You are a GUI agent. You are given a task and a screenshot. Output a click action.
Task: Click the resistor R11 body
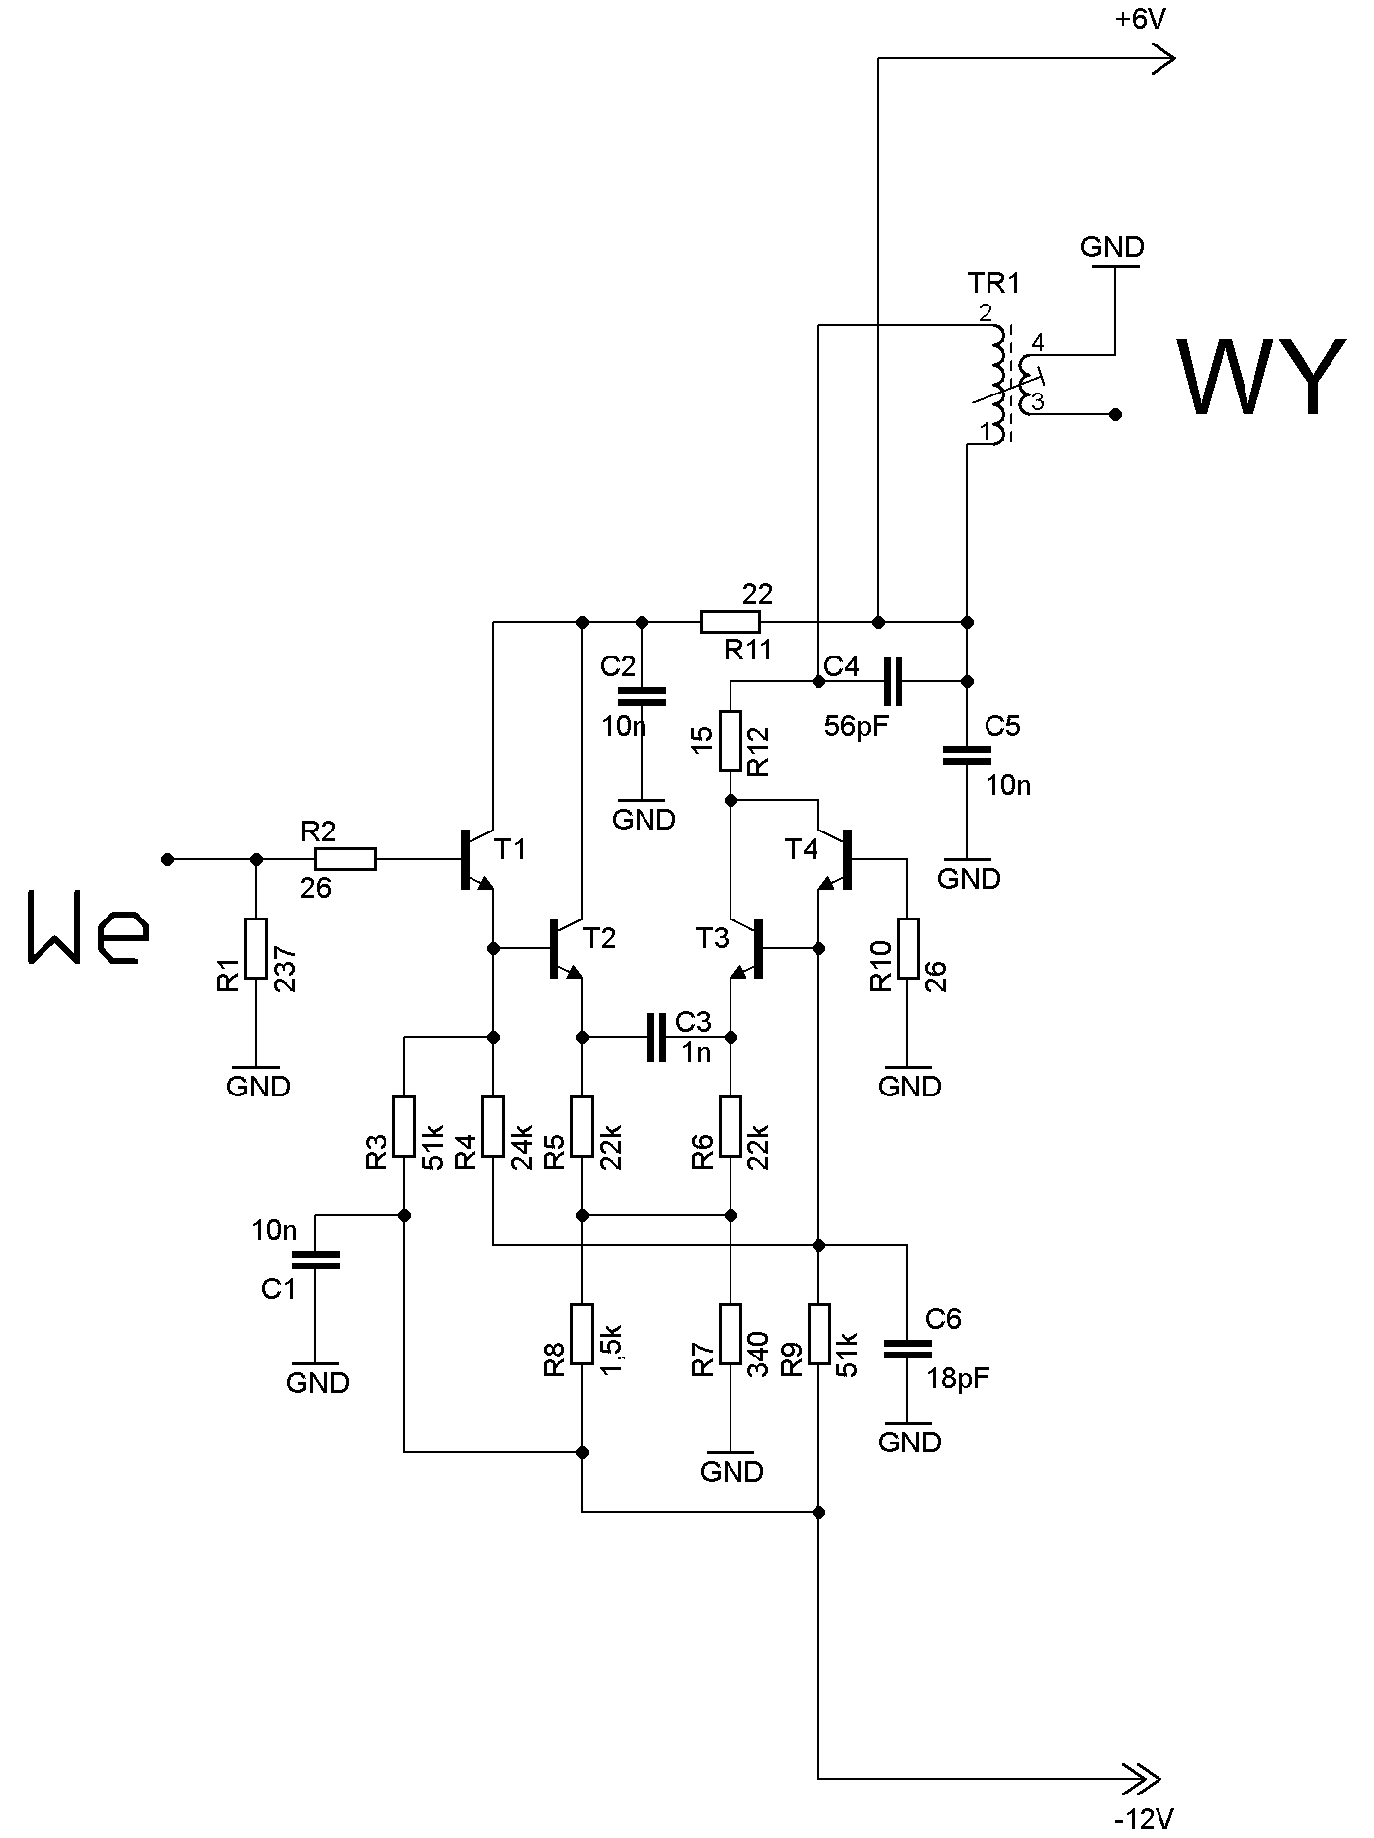(x=730, y=622)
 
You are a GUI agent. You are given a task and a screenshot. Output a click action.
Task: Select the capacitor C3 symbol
(x=656, y=1037)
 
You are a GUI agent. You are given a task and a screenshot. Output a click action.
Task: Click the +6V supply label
(x=1142, y=20)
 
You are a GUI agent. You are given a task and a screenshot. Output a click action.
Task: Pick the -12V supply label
(x=1145, y=1818)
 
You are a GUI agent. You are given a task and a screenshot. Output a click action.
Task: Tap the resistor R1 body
(x=256, y=948)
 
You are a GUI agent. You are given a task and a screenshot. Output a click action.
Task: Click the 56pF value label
(x=856, y=727)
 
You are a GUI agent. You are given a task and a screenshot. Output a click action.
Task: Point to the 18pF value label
(x=958, y=1379)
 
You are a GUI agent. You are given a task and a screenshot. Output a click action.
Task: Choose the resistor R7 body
(x=730, y=1334)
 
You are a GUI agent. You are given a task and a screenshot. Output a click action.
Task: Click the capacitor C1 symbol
(x=315, y=1259)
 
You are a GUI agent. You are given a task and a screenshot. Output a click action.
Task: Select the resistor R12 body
(x=730, y=741)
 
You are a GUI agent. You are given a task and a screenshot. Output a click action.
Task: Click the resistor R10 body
(x=908, y=948)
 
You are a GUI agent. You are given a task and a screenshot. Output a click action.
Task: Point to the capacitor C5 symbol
(x=967, y=755)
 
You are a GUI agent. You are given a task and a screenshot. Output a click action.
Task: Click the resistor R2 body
(x=345, y=859)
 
